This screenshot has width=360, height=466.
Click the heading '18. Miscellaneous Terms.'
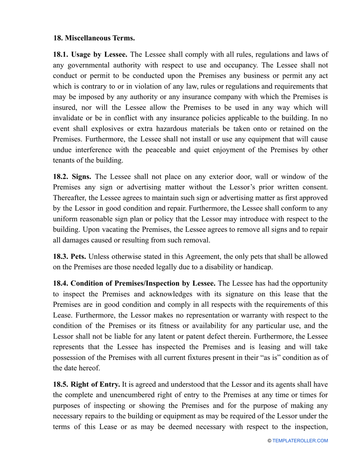(x=94, y=38)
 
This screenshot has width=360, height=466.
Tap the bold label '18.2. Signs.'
(x=72, y=177)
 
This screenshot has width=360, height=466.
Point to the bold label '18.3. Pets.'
(x=69, y=256)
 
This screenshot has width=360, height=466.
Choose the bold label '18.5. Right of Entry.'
(x=86, y=385)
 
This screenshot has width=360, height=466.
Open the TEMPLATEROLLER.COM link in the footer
(x=300, y=441)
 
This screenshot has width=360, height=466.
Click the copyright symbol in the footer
(x=269, y=441)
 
